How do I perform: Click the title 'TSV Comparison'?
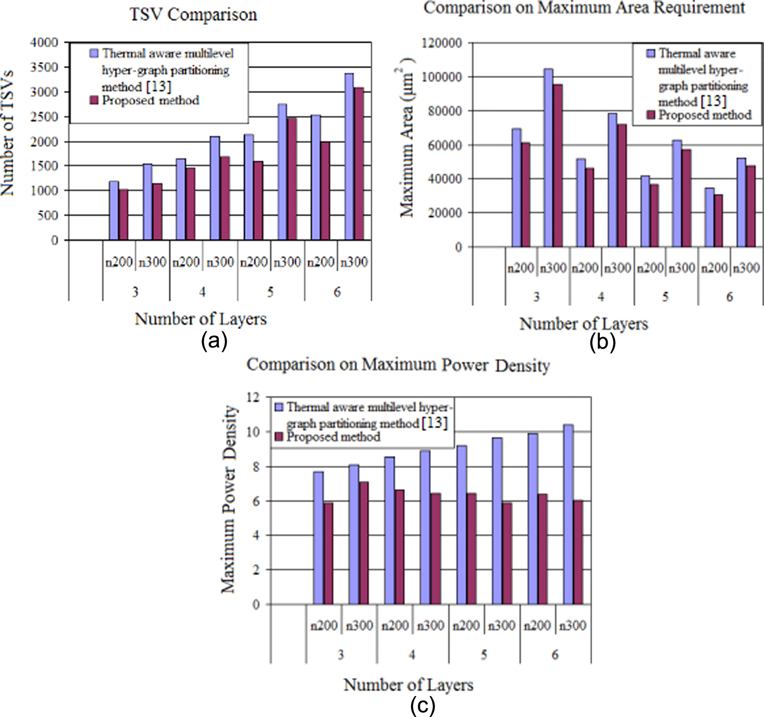(193, 15)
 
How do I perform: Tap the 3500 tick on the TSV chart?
(44, 67)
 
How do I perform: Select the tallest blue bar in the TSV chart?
(349, 156)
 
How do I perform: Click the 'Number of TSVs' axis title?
(8, 133)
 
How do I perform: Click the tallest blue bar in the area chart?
(549, 157)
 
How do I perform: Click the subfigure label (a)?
(214, 342)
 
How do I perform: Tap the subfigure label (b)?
(602, 342)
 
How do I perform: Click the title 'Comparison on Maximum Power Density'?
(398, 365)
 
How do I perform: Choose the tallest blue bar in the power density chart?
(568, 514)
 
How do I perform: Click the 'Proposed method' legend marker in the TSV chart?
(94, 101)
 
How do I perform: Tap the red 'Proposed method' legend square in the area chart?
(651, 115)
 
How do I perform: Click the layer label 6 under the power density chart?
(555, 655)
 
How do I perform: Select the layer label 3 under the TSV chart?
(135, 292)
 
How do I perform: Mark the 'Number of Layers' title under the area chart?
(583, 324)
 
